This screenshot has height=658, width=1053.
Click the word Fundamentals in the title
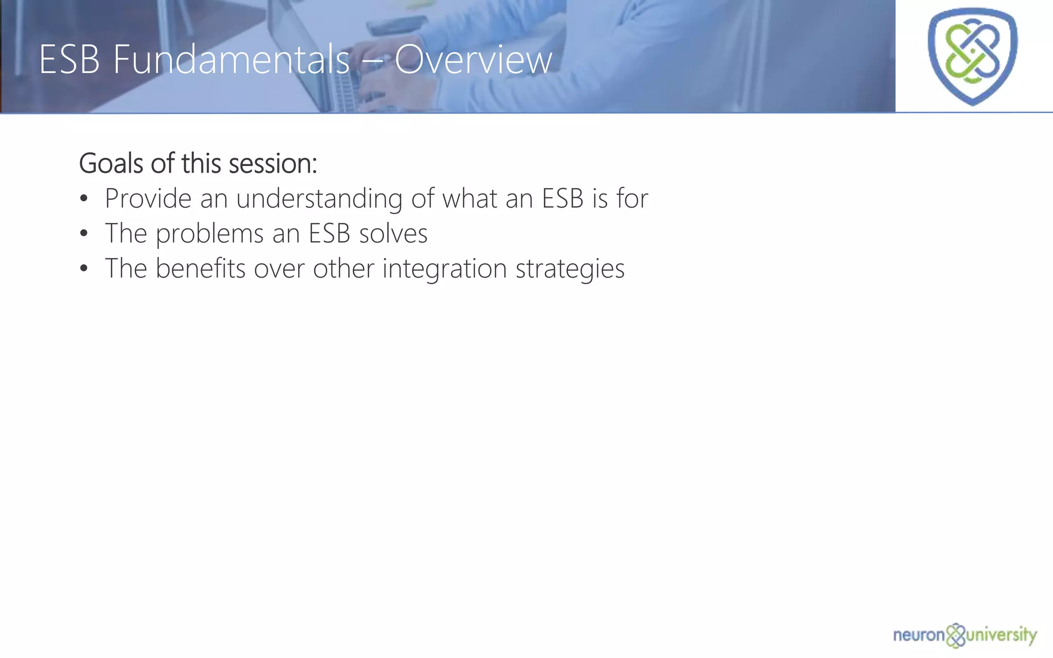[x=231, y=60]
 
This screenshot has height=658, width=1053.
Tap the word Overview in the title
[x=473, y=60]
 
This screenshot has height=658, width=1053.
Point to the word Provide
[x=148, y=198]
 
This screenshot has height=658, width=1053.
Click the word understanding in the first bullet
[x=319, y=199]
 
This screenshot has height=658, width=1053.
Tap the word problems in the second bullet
[x=210, y=234]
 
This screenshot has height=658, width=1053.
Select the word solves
[x=393, y=234]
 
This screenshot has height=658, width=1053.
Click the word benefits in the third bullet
[x=201, y=268]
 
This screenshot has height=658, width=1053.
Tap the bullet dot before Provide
[x=84, y=199]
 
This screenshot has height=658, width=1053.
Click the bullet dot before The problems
[x=84, y=234]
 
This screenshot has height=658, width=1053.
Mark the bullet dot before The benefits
[x=84, y=269]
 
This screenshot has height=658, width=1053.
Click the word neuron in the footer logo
[x=919, y=635]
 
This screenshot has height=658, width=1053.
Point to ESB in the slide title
[x=69, y=60]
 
